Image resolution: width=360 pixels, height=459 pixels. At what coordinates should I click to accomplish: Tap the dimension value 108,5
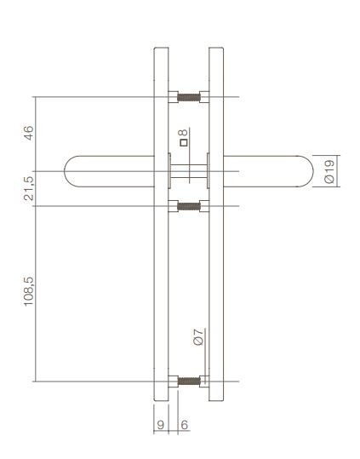[x=28, y=291]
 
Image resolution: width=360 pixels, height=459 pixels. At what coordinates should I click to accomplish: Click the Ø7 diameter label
[x=197, y=336]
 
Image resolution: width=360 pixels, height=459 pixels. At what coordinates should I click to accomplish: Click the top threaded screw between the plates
[x=188, y=96]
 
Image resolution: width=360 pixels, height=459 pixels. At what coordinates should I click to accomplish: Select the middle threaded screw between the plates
[x=188, y=206]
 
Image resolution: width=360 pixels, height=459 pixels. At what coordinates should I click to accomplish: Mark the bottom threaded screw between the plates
[x=188, y=381]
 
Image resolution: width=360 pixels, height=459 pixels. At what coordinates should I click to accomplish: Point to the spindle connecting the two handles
[x=189, y=171]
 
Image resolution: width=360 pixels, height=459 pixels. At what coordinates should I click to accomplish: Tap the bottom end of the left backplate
[x=162, y=399]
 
